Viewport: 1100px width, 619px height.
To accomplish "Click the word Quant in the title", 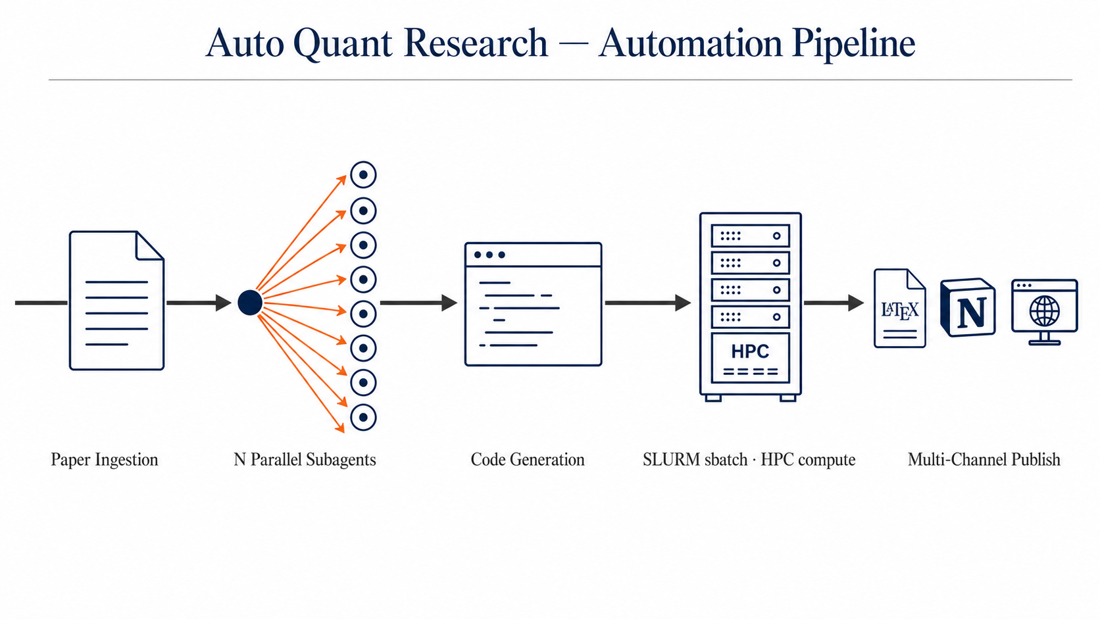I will coord(343,43).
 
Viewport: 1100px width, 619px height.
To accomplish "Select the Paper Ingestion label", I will coord(105,459).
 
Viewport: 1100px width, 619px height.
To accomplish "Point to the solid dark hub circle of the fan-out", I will coord(250,303).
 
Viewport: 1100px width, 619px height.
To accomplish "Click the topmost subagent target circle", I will coord(363,175).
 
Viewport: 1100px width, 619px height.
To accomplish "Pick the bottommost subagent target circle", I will coord(363,417).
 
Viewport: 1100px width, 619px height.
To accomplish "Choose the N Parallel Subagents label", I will coord(305,459).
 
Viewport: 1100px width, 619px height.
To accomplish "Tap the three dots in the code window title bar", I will coord(489,255).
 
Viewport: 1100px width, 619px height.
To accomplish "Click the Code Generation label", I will coord(528,459).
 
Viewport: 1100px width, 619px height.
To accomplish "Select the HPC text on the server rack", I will coord(750,351).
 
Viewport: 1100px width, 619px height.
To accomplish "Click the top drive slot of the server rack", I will coord(750,235).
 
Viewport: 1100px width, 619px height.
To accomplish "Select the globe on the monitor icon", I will coord(1045,310).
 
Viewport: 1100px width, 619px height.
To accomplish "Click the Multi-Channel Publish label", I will coord(984,459).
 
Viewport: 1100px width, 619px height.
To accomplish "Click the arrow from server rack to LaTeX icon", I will coord(833,303).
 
